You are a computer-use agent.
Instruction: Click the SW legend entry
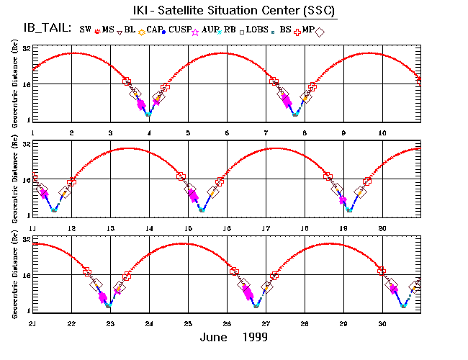pos(86,30)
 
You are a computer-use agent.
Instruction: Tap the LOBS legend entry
pos(256,30)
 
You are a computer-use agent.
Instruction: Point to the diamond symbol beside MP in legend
pos(320,31)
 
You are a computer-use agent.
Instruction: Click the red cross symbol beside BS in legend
pos(295,31)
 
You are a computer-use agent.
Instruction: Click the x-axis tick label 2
pos(71,132)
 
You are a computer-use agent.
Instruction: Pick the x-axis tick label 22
pos(71,324)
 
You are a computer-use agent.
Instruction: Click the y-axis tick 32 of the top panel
pos(24,49)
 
